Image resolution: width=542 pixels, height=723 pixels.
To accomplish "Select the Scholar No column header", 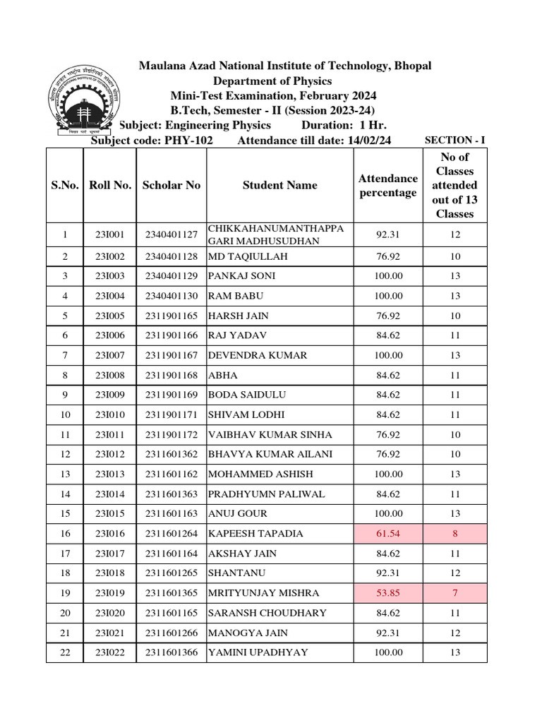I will (x=171, y=185).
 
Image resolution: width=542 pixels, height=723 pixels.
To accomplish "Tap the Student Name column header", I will (x=279, y=185).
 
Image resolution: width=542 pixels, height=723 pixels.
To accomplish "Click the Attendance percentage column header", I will (x=387, y=185).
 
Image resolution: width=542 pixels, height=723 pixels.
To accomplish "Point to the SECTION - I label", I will (x=454, y=140).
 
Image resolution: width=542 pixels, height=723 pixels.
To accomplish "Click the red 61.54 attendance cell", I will (x=388, y=533).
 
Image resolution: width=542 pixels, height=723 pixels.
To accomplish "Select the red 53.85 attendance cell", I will (x=388, y=592).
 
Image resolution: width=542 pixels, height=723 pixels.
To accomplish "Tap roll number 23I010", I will (x=109, y=414).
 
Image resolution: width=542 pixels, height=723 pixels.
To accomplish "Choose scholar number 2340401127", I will (x=171, y=234).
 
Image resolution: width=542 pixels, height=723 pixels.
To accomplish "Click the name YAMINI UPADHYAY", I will (x=258, y=652).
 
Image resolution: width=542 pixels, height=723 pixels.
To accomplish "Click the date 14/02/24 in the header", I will (x=368, y=140).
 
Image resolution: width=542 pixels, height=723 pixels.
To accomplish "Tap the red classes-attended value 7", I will (x=454, y=592).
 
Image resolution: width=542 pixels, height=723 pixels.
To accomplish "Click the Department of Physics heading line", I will (x=273, y=81).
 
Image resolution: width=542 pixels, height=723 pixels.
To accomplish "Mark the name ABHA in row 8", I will (x=222, y=375).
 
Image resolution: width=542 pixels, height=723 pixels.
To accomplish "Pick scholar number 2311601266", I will (x=171, y=633).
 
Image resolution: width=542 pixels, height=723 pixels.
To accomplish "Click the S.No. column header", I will (x=65, y=185).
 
